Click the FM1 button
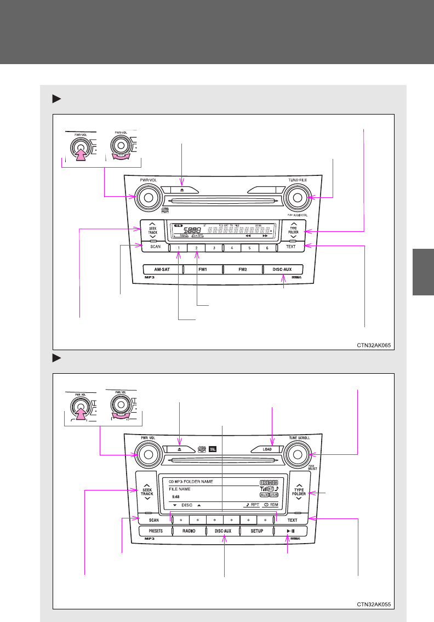pos(203,270)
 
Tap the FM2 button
pos(243,270)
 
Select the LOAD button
pos(267,449)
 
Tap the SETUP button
pos(257,531)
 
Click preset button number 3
pos(214,248)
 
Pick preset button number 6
pos(267,248)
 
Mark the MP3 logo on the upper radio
pos(150,278)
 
